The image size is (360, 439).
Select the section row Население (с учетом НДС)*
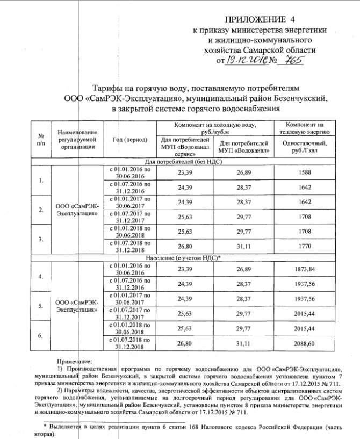click(x=183, y=258)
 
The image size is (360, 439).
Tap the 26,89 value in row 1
click(x=244, y=171)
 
